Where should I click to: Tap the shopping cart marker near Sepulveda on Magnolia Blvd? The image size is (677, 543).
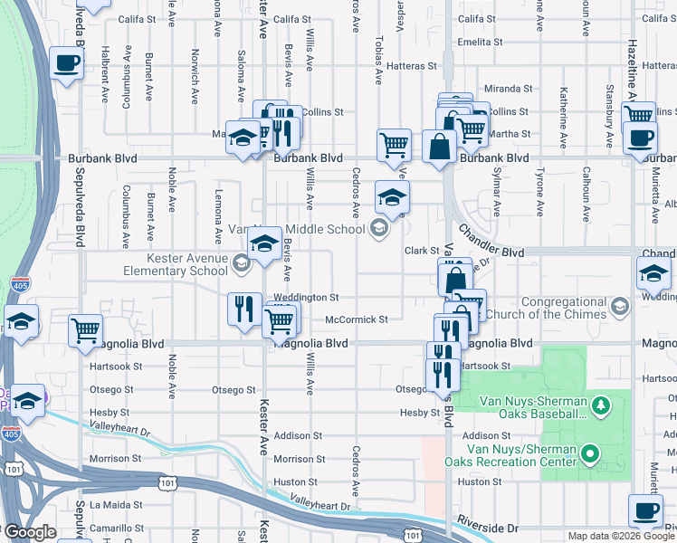85,329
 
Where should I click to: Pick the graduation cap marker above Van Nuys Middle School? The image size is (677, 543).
392,197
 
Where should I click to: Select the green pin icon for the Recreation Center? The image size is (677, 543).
591,452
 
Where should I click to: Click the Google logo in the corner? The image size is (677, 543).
30,533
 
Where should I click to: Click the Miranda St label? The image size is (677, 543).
509,89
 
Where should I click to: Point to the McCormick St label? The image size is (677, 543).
357,319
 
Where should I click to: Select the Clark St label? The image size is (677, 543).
421,251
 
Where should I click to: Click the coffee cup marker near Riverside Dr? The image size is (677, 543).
645,510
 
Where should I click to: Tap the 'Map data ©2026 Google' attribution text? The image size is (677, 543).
620,536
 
